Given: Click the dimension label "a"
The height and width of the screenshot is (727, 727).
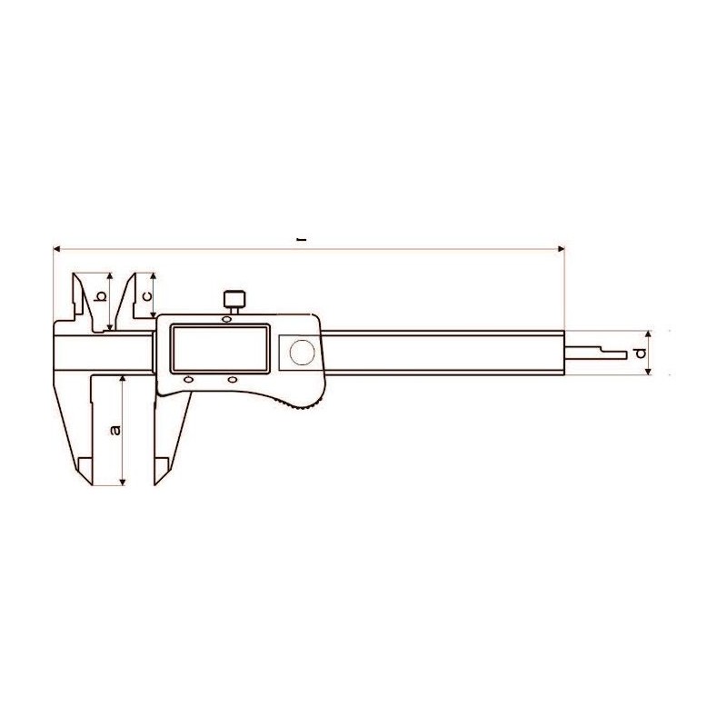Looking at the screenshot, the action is tap(115, 430).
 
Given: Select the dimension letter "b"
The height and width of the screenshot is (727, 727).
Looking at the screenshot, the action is tap(100, 296).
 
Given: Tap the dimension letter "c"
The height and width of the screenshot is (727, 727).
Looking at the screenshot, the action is tap(146, 296).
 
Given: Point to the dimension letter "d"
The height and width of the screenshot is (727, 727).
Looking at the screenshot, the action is tap(641, 354).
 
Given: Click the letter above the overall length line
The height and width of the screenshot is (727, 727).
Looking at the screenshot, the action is tap(303, 240).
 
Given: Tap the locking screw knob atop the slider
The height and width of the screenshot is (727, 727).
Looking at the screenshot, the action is tap(234, 299).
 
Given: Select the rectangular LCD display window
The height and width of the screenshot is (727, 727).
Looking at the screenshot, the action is tap(220, 349).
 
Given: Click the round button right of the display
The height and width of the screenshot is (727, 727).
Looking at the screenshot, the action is tap(302, 352).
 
